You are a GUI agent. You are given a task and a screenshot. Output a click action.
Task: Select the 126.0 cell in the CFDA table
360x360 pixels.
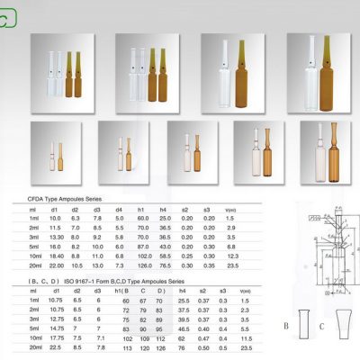click(143, 266)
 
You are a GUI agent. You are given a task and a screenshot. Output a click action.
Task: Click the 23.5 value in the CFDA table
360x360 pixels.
click(231, 266)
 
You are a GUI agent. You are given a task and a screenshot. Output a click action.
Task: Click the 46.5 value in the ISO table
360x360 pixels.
click(184, 328)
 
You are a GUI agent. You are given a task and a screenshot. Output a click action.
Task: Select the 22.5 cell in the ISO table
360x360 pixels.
click(55, 347)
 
